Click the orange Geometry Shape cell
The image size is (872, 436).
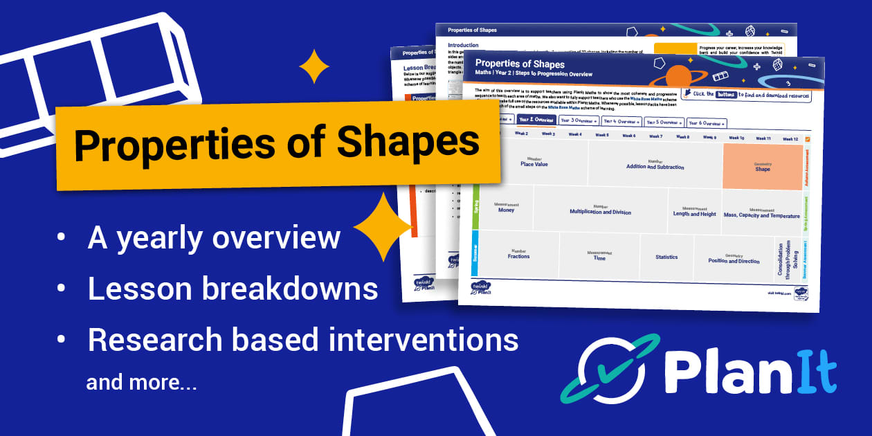pos(762,166)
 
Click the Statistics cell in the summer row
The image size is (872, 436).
pos(666,257)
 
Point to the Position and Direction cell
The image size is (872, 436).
pos(734,259)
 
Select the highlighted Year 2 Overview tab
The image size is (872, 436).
pos(536,120)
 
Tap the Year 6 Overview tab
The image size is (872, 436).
pos(707,123)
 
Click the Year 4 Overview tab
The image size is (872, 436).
pos(621,121)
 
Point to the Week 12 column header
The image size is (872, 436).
pos(790,139)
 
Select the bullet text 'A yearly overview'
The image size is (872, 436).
pos(214,237)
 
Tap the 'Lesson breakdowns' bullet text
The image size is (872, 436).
pos(233,289)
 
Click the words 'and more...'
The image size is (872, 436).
pos(141,382)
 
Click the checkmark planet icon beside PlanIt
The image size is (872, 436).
pos(601,371)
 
